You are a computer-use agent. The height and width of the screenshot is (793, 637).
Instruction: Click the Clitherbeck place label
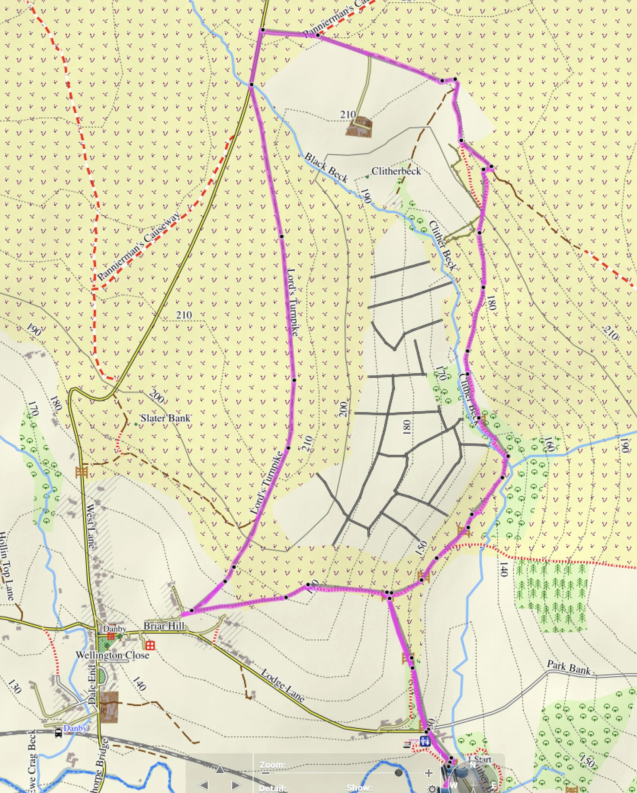[x=396, y=171]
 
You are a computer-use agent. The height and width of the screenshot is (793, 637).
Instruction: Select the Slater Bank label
[x=165, y=418]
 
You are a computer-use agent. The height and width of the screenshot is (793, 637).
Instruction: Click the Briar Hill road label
[x=164, y=626]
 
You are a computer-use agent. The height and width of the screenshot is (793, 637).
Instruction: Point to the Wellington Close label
[x=113, y=655]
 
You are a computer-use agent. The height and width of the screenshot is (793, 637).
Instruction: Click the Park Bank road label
[x=568, y=667]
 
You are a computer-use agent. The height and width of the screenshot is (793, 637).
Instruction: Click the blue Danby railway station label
[x=75, y=728]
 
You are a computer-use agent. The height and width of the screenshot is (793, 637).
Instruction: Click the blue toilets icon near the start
[x=425, y=741]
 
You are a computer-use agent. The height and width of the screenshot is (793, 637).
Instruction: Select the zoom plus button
[x=428, y=773]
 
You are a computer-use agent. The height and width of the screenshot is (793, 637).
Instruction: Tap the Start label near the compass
[x=483, y=759]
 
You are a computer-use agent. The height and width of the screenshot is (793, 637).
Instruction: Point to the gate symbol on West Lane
[x=81, y=472]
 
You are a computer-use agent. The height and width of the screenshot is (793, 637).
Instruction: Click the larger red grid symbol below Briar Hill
[x=150, y=646]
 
